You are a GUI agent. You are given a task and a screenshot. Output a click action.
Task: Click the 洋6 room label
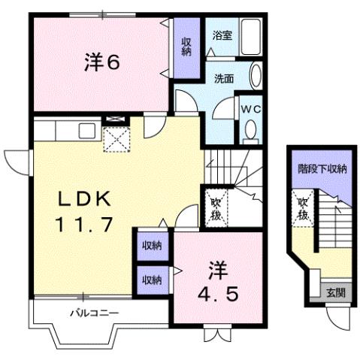[x=101, y=63]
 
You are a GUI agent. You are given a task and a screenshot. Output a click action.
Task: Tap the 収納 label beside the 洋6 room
[x=186, y=47]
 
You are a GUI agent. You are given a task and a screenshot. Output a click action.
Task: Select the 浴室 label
[x=221, y=35]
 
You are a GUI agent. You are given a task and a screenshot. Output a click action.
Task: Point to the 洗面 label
[x=222, y=78]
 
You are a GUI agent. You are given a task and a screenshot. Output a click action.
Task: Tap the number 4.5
[x=220, y=293]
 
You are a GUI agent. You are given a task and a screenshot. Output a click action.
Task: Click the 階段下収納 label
[x=322, y=169]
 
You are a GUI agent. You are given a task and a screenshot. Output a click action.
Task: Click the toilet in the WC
[x=250, y=132]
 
